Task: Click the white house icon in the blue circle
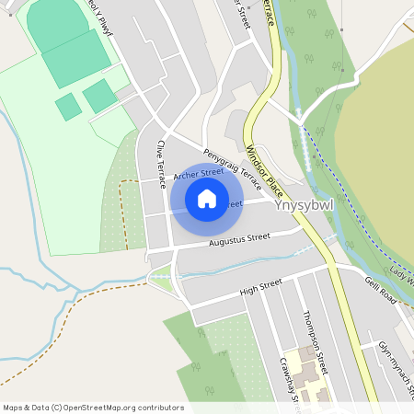pyautogui.click(x=207, y=199)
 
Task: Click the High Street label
pyautogui.click(x=259, y=292)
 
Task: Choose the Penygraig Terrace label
pyautogui.click(x=233, y=168)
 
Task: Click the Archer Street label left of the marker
pyautogui.click(x=192, y=172)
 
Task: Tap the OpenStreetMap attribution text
pyautogui.click(x=93, y=408)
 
